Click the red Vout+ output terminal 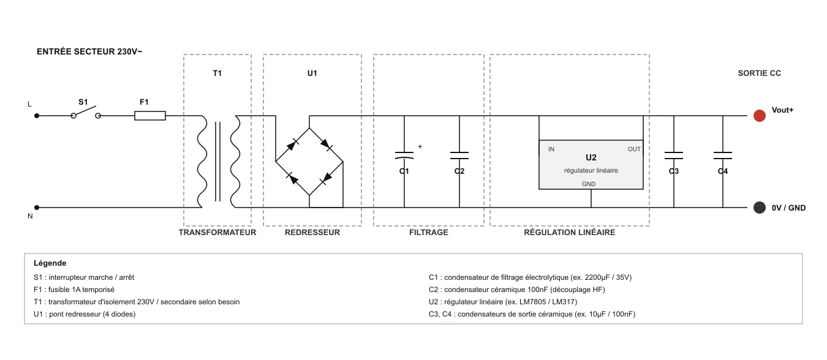[759, 116]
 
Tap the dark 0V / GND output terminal [759, 208]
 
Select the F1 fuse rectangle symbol [150, 116]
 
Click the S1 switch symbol [86, 113]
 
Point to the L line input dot [37, 116]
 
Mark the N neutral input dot [37, 208]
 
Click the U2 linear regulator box [591, 165]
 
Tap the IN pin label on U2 [551, 149]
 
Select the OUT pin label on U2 [634, 149]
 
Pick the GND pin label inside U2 [589, 184]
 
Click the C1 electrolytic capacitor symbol [404, 156]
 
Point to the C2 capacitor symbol [459, 156]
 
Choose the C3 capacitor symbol [674, 156]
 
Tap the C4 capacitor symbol [722, 156]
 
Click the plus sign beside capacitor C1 [420, 146]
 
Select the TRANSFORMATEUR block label [217, 233]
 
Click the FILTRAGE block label [429, 233]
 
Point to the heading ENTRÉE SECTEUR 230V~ [89, 51]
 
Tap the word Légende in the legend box [50, 263]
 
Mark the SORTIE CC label [760, 73]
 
